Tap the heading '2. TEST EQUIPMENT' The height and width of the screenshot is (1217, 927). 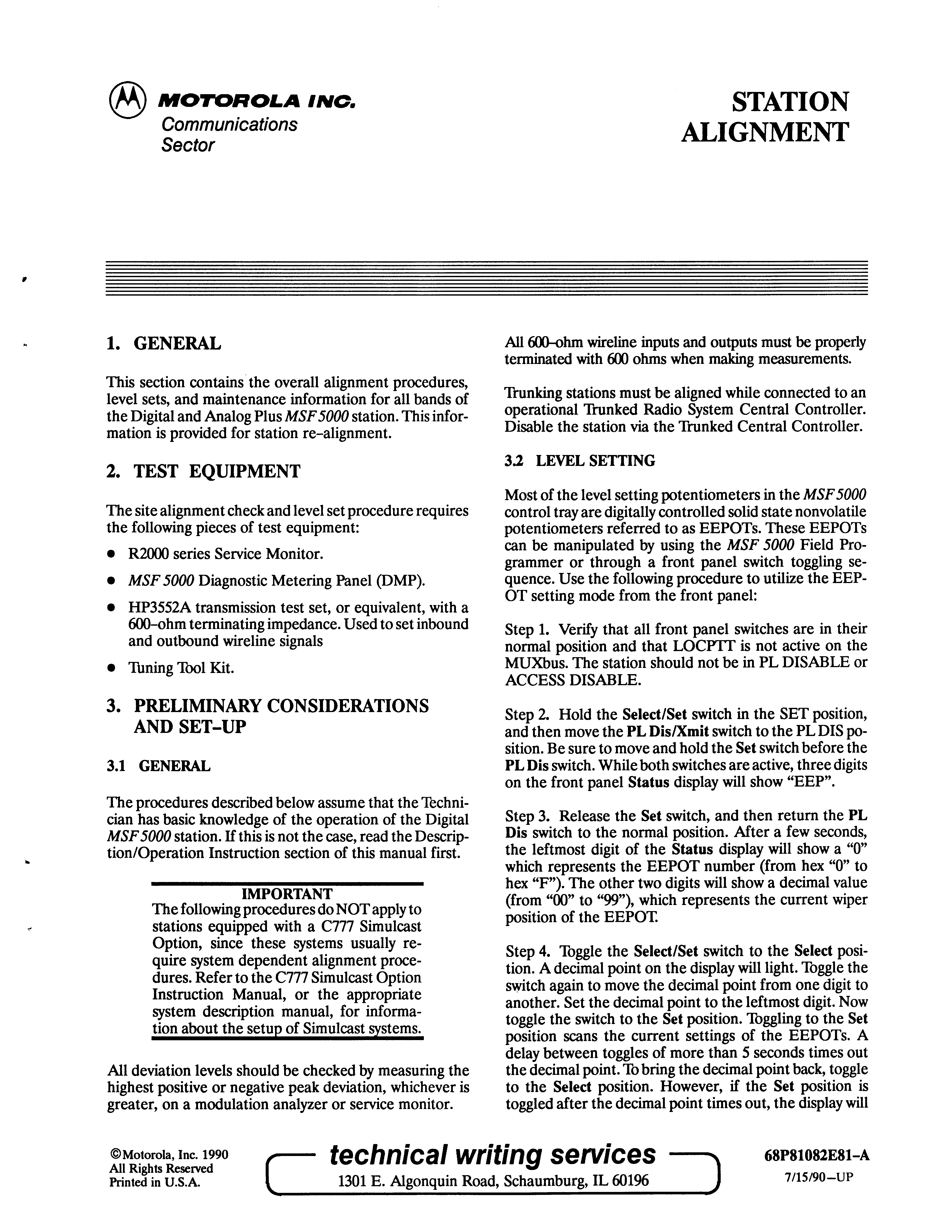(203, 471)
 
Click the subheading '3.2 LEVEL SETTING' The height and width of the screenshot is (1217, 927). (580, 461)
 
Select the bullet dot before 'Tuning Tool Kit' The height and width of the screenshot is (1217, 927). (112, 668)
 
